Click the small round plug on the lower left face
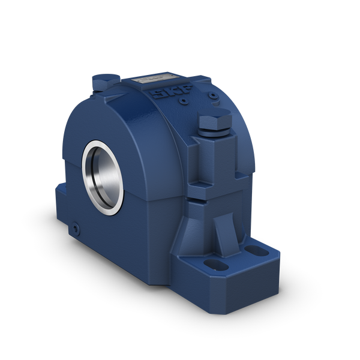point(75,228)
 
